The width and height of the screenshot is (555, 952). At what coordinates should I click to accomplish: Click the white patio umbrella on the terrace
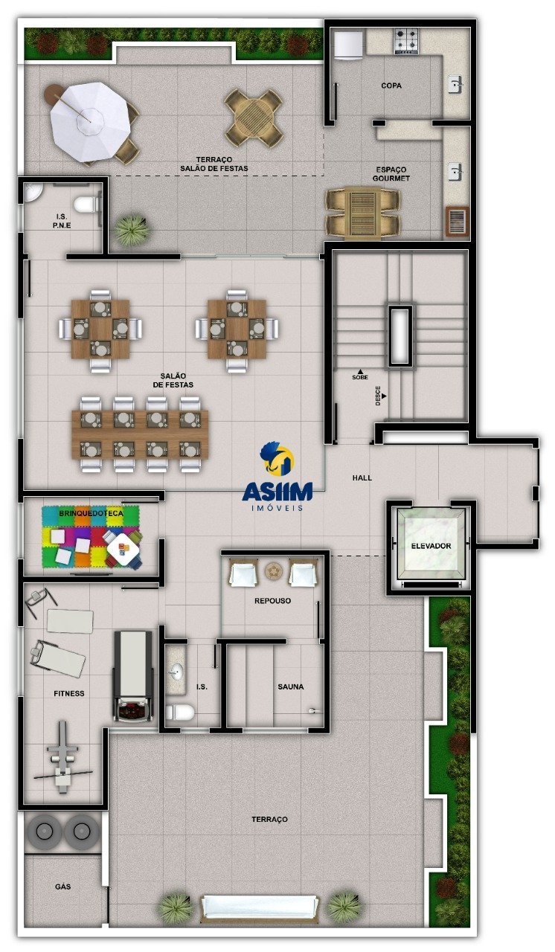[x=90, y=121]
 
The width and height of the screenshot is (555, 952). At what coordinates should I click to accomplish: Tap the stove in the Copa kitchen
[x=406, y=41]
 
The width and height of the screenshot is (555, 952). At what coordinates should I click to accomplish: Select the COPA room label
[x=391, y=86]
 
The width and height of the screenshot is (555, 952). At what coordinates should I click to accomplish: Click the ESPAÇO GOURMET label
[x=391, y=174]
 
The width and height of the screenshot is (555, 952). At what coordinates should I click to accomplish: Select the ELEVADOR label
[x=431, y=546]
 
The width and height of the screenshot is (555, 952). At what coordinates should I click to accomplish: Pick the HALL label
[x=362, y=477]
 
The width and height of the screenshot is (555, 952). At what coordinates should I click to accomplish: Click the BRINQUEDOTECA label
[x=91, y=513]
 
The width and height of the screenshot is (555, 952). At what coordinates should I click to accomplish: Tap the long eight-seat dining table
[x=140, y=434]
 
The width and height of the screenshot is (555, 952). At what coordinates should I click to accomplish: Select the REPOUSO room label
[x=272, y=600]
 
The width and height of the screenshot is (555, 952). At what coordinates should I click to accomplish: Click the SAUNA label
[x=291, y=686]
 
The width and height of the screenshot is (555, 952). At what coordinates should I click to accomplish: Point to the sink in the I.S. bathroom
[x=176, y=672]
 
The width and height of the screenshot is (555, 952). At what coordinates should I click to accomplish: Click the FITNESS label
[x=69, y=693]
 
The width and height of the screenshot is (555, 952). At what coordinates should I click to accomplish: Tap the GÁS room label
[x=62, y=887]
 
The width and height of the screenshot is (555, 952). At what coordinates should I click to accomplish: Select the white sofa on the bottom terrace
[x=259, y=911]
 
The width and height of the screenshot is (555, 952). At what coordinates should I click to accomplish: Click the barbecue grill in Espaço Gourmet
[x=457, y=222]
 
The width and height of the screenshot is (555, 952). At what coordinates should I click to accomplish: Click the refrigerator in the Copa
[x=347, y=43]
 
